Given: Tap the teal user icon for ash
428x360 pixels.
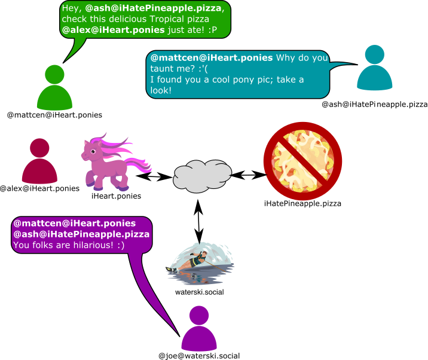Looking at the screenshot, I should (x=375, y=71).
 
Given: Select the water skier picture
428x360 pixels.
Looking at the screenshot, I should (x=200, y=264).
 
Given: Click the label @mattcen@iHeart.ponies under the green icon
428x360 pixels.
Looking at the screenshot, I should (x=54, y=114).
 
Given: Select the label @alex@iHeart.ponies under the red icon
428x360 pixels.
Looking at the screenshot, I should (x=39, y=188).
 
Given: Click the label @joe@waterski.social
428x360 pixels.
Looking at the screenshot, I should (x=199, y=355).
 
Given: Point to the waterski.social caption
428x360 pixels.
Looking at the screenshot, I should (x=199, y=292).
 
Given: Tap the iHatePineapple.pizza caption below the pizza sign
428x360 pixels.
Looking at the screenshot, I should (x=302, y=204).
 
